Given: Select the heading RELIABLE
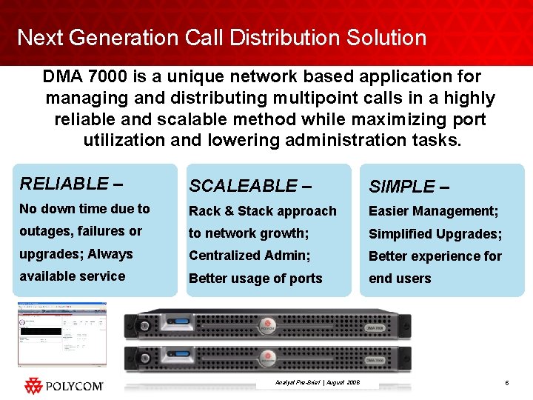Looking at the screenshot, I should click(64, 184).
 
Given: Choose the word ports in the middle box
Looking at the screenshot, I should click(306, 279).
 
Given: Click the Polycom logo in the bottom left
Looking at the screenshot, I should click(63, 386).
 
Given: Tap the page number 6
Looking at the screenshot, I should click(506, 383).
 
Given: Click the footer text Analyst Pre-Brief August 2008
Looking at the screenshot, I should click(317, 383).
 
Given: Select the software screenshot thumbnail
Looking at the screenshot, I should click(62, 335).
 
